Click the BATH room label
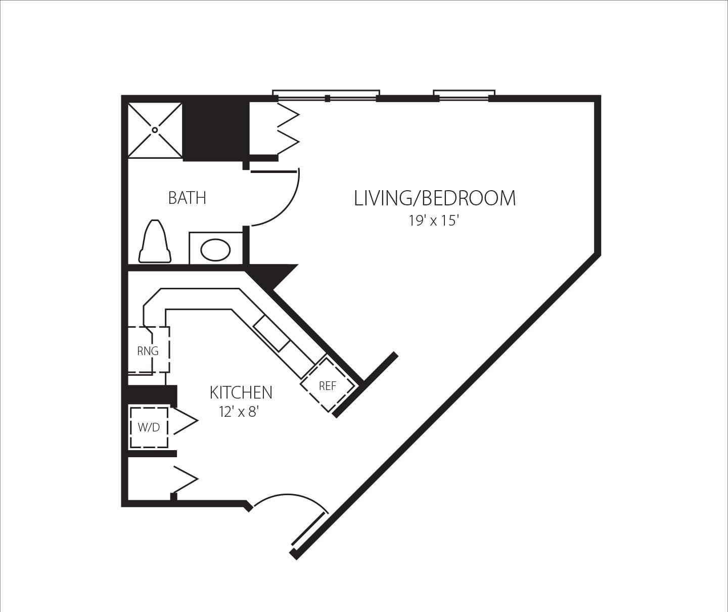(187, 197)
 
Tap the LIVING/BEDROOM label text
(435, 198)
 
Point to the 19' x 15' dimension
(433, 221)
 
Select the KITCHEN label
(241, 392)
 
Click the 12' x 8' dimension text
(239, 412)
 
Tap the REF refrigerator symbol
(328, 386)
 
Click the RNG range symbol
(148, 351)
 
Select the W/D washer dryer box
(149, 427)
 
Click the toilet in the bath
(155, 242)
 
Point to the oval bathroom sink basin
(216, 250)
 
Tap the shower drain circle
(155, 130)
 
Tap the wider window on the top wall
(326, 96)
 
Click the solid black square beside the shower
(215, 130)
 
